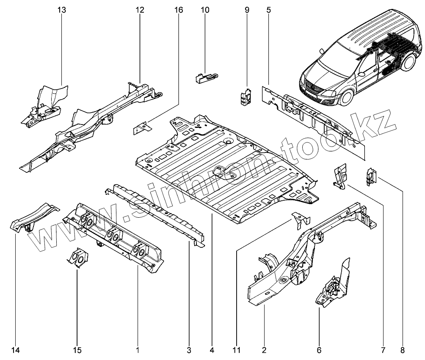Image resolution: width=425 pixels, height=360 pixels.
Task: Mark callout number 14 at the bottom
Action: [x=16, y=350]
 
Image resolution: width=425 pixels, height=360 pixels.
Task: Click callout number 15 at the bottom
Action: [x=77, y=350]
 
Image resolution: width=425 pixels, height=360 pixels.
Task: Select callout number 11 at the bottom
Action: [x=236, y=350]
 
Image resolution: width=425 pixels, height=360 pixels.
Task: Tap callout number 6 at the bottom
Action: [x=319, y=350]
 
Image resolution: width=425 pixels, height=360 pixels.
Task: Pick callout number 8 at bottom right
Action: [x=402, y=350]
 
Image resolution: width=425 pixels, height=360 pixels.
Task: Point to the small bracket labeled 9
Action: [x=245, y=96]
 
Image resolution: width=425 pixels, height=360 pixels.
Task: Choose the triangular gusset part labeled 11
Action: [x=302, y=220]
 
